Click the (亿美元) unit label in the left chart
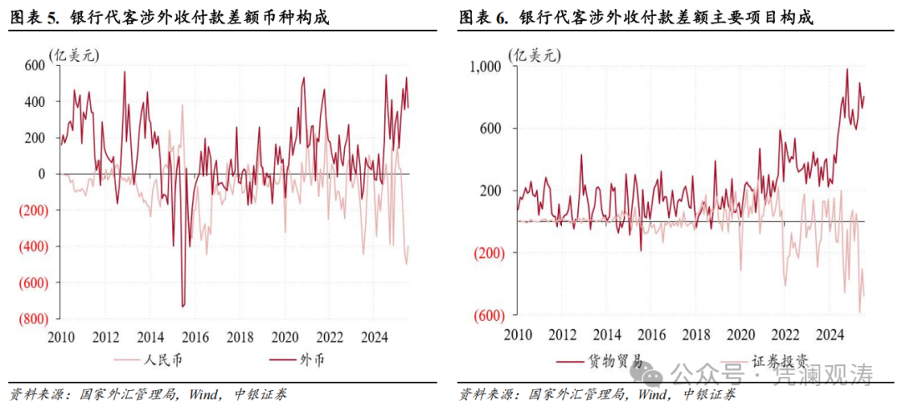tap(73, 56)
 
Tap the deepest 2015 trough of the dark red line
tap(183, 307)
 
